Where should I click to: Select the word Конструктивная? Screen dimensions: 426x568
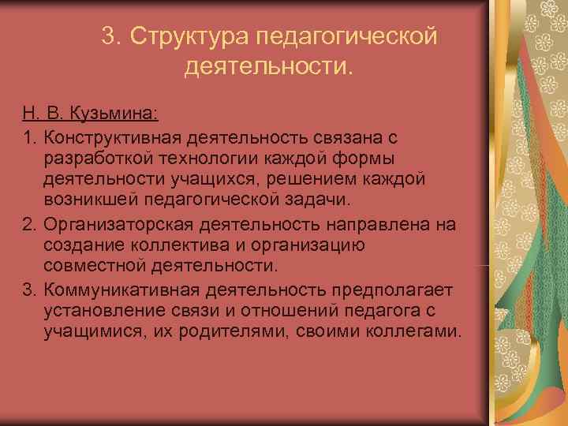(x=116, y=138)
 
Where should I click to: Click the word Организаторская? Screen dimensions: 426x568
(x=119, y=225)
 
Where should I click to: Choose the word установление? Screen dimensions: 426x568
(x=100, y=310)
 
